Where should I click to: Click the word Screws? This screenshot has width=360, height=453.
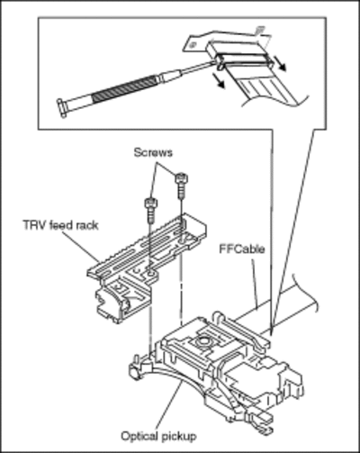click(x=153, y=152)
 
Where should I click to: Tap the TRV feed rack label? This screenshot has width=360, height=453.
click(x=61, y=225)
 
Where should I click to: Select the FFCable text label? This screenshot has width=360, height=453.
click(x=242, y=249)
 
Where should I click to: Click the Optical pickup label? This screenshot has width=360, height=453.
click(x=158, y=436)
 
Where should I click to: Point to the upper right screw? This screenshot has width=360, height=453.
click(x=182, y=186)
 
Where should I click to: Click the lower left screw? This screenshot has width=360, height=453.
click(x=151, y=210)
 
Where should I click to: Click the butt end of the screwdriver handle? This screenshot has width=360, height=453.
click(x=62, y=108)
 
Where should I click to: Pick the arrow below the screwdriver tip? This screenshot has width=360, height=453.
click(x=218, y=80)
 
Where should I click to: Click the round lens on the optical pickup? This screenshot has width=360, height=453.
click(x=202, y=341)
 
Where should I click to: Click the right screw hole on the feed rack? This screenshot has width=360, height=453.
click(x=183, y=240)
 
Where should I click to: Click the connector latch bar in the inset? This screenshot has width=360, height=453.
click(x=246, y=59)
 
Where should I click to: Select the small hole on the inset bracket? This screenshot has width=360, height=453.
click(x=193, y=45)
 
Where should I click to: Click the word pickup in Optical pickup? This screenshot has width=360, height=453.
click(x=178, y=437)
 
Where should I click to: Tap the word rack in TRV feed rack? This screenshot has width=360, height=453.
click(x=86, y=225)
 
